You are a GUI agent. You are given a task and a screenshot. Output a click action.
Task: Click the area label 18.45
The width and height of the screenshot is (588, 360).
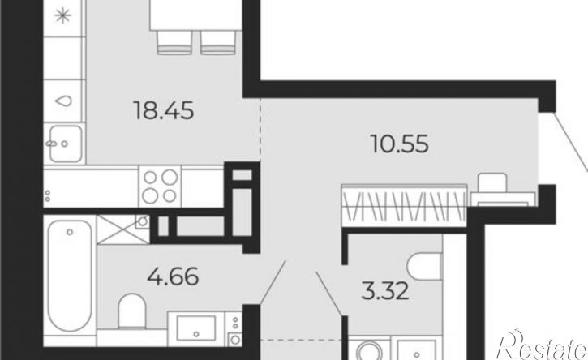click(x=164, y=110)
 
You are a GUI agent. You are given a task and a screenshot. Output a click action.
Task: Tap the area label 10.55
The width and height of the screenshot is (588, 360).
click(x=399, y=144)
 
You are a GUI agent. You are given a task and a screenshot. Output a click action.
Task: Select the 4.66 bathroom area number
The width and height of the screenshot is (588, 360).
click(x=173, y=276)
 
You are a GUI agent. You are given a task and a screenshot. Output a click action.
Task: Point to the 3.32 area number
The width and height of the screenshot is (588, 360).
click(x=385, y=291)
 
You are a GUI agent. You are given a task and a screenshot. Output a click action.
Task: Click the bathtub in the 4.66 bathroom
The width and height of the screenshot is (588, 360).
click(x=70, y=276)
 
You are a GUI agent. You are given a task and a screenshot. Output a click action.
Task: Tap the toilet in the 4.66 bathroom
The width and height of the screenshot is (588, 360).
click(x=132, y=311)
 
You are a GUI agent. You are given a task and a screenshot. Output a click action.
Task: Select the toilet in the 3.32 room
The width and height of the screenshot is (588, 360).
click(x=424, y=267)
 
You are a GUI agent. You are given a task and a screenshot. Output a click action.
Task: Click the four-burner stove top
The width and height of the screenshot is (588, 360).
click(x=160, y=186)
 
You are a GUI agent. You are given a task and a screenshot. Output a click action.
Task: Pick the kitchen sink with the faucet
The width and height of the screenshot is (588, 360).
click(x=65, y=144)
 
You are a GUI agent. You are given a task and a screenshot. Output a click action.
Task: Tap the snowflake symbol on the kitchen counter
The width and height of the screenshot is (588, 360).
click(x=63, y=15)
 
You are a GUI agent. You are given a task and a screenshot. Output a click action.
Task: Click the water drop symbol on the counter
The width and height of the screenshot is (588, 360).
click(x=63, y=101)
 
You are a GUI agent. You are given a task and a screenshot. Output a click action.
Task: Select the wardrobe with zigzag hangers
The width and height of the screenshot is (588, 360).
click(x=404, y=205)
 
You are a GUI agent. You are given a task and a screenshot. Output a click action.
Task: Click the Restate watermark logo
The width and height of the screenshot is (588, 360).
click(x=542, y=345)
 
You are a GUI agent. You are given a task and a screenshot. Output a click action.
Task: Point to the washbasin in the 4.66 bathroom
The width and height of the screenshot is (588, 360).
click(x=196, y=328)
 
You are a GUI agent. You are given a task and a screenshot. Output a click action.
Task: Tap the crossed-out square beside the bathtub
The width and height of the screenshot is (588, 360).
click(x=123, y=229)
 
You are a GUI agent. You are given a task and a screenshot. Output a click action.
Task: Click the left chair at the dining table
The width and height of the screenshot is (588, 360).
click(x=174, y=42)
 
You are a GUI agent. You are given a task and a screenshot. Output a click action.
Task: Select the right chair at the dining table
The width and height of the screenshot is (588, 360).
click(x=218, y=42)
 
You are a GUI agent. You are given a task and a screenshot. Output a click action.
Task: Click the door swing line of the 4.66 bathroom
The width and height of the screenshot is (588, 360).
click(x=273, y=282)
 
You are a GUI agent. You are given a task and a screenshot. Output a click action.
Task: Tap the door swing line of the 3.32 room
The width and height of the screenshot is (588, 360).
click(x=329, y=294)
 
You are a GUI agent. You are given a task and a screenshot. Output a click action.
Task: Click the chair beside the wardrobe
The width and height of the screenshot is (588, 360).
click(x=493, y=183)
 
